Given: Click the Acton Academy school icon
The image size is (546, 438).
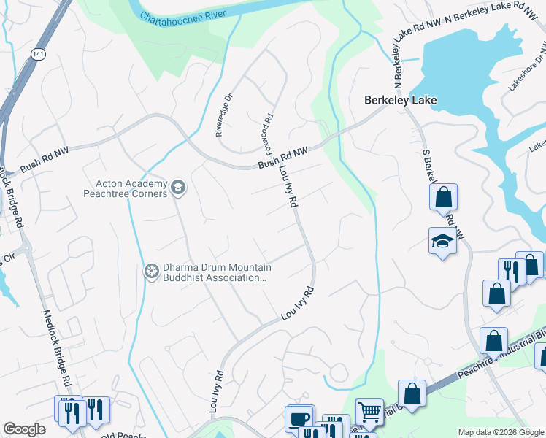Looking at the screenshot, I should (x=177, y=189).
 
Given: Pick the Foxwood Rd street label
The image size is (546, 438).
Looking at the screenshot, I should (x=267, y=130).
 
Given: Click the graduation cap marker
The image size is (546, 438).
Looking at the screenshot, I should (x=442, y=240).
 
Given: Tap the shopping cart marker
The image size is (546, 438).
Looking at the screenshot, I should (x=369, y=411).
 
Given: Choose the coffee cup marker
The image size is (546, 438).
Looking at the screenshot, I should (x=299, y=419).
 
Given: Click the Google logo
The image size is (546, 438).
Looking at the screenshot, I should (x=24, y=429).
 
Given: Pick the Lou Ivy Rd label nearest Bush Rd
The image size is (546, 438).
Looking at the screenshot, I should (x=288, y=187).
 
